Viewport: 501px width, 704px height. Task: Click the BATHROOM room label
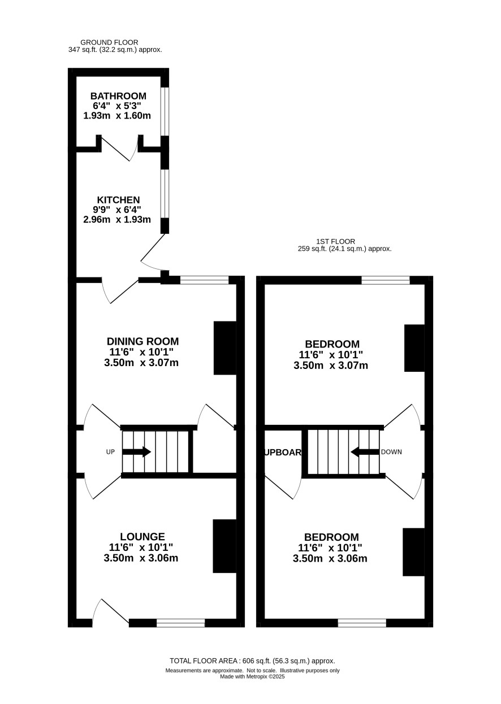[118, 96]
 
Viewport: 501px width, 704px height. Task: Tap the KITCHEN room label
[118, 200]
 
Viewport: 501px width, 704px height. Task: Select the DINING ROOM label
[143, 341]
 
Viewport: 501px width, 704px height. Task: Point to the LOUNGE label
[142, 537]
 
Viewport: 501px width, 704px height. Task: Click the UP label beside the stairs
[110, 452]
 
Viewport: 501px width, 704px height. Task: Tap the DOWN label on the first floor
[391, 452]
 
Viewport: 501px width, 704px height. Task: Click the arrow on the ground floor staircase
[136, 452]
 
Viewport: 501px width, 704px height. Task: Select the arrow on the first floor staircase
[365, 452]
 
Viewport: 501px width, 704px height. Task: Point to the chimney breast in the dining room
[225, 348]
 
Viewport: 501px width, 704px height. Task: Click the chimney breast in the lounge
[224, 546]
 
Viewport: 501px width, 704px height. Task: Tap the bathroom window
[165, 111]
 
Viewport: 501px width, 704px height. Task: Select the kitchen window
[165, 194]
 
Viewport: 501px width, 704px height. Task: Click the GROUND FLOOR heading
[109, 42]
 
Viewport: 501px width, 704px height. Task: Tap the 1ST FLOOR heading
[335, 241]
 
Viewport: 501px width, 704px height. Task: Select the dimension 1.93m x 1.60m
[117, 116]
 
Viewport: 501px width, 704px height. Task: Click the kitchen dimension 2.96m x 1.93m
[117, 219]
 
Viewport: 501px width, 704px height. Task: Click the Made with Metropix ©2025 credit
[252, 677]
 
